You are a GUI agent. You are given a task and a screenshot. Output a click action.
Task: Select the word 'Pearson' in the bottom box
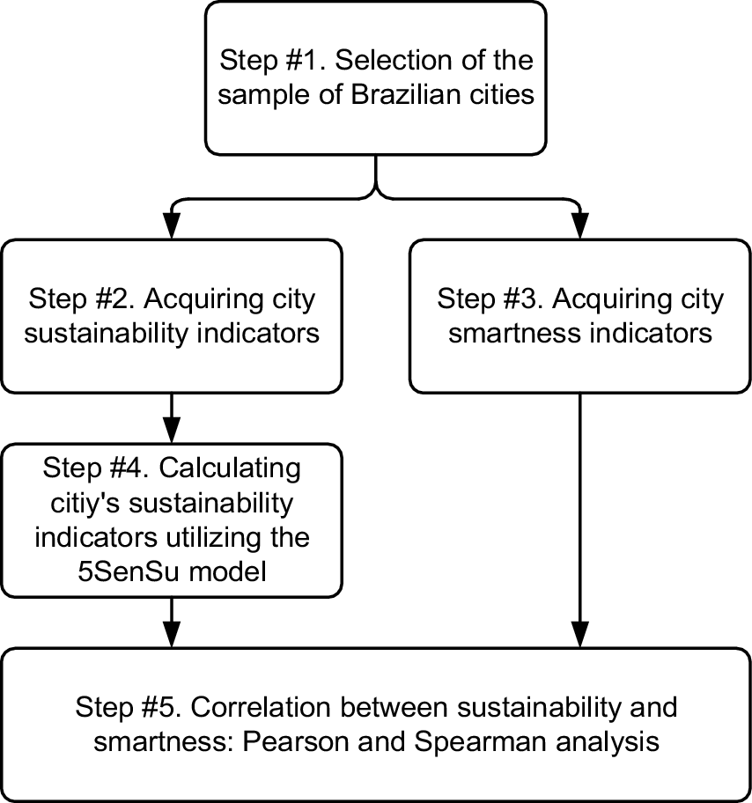(x=326, y=741)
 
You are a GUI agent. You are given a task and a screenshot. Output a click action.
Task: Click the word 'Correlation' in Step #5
(x=260, y=708)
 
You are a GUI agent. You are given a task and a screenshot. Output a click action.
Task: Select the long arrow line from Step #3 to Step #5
(x=579, y=511)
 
